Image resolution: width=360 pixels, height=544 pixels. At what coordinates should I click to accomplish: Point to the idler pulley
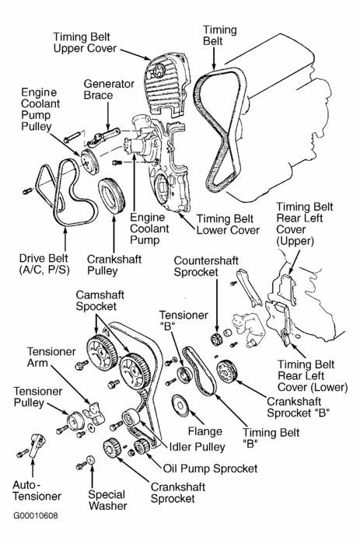coord(130,418)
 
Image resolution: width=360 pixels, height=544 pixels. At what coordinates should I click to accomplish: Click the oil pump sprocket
coord(142,447)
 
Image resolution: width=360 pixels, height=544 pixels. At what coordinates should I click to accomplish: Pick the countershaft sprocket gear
coord(216,339)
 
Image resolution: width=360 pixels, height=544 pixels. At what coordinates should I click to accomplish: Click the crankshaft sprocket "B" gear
coord(227,371)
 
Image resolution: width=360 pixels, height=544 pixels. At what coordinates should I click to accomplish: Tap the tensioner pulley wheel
coord(74,421)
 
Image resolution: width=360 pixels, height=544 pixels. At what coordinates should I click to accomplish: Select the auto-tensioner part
coord(37,445)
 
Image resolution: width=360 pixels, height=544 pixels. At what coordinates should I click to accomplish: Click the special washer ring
coord(90,460)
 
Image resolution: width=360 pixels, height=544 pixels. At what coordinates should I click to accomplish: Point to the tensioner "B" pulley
coord(184,375)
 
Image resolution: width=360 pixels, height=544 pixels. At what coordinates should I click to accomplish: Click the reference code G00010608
coord(36,515)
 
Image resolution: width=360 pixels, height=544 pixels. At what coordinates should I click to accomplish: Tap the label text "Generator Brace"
coord(109,89)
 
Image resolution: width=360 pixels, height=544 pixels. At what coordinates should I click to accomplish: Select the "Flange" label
coord(204,431)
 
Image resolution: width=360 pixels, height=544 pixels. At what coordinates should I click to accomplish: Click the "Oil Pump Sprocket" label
coord(211,469)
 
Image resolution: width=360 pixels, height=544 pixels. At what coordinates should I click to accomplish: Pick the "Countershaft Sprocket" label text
coord(206,266)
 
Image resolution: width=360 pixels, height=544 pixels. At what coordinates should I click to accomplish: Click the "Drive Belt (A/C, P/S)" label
coord(44,264)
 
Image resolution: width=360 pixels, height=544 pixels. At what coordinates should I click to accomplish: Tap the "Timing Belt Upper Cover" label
coord(85,42)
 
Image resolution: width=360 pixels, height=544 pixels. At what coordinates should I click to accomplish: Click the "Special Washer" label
coord(107,500)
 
